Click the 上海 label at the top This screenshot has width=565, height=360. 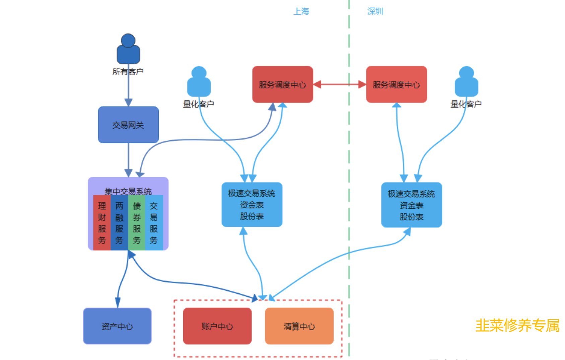pos(301,11)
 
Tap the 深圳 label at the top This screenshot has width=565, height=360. pos(375,11)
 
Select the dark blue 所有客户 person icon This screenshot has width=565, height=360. pos(128,49)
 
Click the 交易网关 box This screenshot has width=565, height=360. pos(128,125)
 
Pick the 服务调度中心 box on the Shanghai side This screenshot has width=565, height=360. pos(282,84)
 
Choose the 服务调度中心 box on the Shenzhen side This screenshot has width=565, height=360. pos(396,84)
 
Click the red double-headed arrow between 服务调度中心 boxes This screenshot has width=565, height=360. pos(340,84)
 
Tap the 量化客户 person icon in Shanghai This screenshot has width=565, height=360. pos(199,82)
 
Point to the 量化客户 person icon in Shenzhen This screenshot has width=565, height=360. pos(466,82)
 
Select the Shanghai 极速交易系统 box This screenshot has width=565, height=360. pos(252,205)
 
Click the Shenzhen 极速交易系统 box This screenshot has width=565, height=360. pos(411,205)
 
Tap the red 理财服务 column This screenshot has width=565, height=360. pos(102,223)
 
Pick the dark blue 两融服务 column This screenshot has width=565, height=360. pos(119,223)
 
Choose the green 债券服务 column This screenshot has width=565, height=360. pos(137,223)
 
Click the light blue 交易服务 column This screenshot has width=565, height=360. pos(154,223)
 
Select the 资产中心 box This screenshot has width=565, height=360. pos(117,326)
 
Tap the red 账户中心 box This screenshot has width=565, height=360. pos(217,326)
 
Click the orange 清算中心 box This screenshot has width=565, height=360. pos(299,326)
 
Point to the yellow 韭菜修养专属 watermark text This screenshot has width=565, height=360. pos(517,326)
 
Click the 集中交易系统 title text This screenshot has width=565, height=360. pos(128,191)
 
